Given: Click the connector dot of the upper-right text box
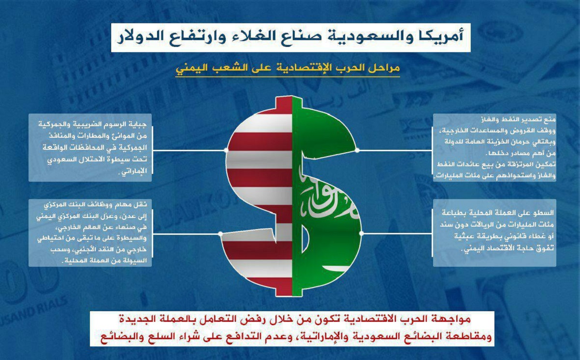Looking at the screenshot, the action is (x=357, y=150).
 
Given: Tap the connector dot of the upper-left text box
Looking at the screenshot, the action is (x=226, y=150).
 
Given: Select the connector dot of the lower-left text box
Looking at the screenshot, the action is (x=220, y=234).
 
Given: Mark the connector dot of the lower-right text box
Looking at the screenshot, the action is (x=362, y=233).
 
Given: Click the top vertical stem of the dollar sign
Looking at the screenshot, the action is (x=289, y=105).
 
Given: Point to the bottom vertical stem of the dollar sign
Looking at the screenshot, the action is (x=289, y=289).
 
